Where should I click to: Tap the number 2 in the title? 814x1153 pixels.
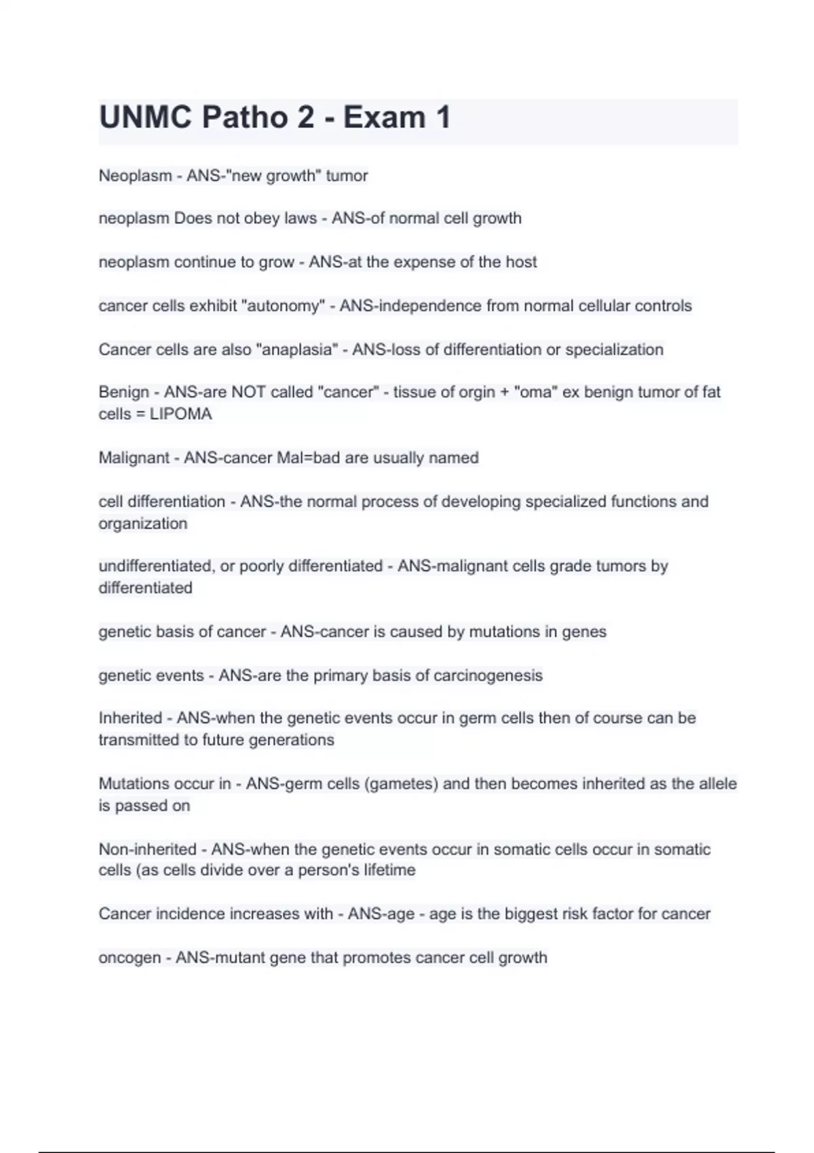click(305, 117)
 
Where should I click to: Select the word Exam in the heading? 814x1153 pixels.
click(384, 117)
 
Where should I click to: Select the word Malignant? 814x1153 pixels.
click(133, 458)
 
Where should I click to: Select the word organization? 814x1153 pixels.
click(142, 524)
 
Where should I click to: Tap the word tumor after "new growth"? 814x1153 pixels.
click(347, 176)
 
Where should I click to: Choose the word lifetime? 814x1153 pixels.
click(389, 870)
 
